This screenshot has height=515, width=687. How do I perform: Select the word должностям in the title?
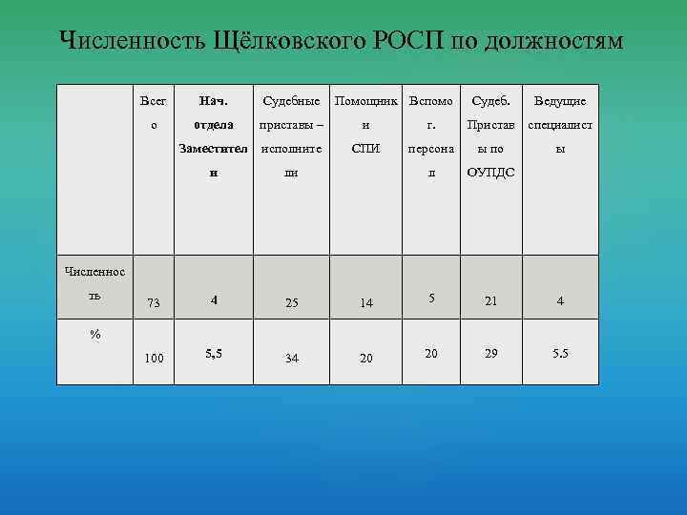click(554, 42)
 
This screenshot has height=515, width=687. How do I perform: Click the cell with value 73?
click(154, 303)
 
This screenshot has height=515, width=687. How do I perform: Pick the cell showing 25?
click(291, 303)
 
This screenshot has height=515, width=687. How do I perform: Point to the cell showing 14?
click(365, 303)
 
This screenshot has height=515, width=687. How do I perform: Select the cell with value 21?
click(490, 301)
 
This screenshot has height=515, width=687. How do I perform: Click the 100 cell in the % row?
click(154, 358)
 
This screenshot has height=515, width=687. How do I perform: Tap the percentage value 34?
click(291, 359)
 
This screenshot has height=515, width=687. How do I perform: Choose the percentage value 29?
click(490, 353)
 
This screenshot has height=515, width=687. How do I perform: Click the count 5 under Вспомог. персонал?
click(431, 299)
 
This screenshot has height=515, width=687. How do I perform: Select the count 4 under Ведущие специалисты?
click(560, 301)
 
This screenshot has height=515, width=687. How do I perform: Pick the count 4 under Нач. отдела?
click(214, 299)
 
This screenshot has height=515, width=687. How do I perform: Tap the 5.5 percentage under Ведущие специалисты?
click(560, 353)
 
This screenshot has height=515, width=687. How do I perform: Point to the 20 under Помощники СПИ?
click(365, 359)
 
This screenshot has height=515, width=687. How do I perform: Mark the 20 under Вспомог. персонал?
click(431, 353)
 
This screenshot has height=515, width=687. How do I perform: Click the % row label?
click(94, 335)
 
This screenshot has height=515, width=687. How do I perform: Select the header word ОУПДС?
click(490, 173)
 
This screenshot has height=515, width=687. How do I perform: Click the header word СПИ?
click(365, 149)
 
